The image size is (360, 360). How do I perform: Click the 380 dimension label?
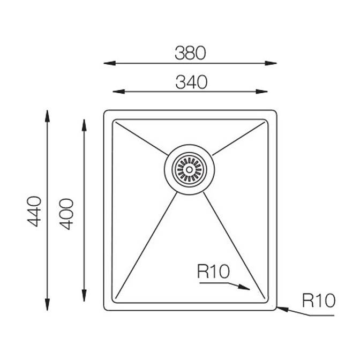tap(190, 53)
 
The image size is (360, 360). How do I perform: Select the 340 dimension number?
tap(191, 82)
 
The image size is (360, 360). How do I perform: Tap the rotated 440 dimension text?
tap(34, 212)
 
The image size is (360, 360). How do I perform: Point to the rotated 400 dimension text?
tap(66, 214)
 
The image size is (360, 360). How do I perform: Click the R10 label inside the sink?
tap(213, 272)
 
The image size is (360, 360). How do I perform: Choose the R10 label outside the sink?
tap(319, 301)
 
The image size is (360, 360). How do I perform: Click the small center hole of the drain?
tap(189, 170)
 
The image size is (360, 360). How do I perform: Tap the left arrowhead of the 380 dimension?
tap(109, 63)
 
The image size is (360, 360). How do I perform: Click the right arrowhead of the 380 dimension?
tap(271, 63)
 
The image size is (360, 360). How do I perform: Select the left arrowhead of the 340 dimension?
tap(119, 92)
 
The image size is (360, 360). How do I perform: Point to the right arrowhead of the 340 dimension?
tap(261, 92)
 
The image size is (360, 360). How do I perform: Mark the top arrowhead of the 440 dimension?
tap(47, 116)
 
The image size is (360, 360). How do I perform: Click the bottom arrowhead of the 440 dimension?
tap(47, 305)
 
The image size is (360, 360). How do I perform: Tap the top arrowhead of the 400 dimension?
tap(84, 125)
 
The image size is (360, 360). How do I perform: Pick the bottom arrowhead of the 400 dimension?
tap(84, 296)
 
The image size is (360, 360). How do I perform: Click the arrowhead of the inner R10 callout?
tap(244, 287)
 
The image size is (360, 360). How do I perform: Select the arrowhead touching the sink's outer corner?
tap(283, 309)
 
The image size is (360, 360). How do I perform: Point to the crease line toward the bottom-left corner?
tap(146, 245)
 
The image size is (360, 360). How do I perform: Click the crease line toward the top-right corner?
tap(238, 139)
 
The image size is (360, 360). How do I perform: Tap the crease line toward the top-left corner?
tap(141, 138)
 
